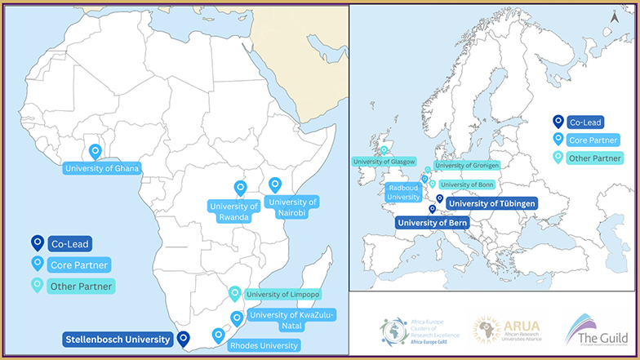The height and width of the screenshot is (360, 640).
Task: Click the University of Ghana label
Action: point(102,169)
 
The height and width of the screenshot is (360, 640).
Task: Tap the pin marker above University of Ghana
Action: point(96,151)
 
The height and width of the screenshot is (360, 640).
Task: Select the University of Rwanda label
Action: point(234,211)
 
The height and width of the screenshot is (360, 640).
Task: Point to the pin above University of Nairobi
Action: point(274,185)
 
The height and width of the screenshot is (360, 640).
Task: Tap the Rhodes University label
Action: point(263,345)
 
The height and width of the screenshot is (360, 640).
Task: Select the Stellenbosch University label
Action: point(117,339)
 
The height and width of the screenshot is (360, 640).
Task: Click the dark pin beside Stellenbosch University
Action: point(183,337)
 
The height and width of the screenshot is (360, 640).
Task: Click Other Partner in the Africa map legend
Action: point(81,287)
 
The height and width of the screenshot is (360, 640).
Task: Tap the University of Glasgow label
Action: point(383,162)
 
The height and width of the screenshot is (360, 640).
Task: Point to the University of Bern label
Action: point(432,222)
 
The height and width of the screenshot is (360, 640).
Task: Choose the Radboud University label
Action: point(403,192)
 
